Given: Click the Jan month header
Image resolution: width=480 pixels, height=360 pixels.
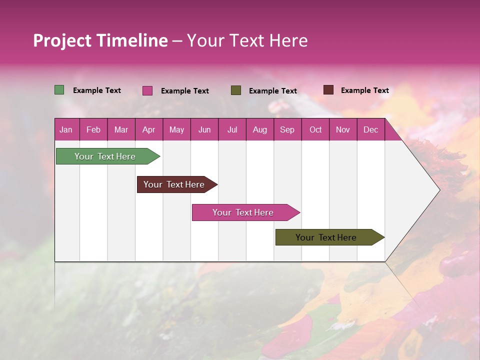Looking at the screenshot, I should coord(66,129).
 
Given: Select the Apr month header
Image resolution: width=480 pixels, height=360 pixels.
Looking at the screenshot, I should coord(149,129).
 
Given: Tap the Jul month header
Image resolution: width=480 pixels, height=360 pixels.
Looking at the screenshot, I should coord(232,129).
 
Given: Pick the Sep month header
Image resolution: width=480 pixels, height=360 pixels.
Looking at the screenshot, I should coord(287,129).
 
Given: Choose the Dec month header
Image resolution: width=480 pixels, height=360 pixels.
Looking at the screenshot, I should coord(370,129).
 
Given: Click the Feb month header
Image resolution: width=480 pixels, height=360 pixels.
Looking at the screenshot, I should coord(93,129).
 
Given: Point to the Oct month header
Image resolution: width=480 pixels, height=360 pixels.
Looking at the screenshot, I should coord(315,129).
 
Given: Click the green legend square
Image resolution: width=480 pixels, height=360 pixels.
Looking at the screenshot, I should coord(59,90).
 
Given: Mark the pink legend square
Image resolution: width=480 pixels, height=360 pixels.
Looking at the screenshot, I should coord(147,90).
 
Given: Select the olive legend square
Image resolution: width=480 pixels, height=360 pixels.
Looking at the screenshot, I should coord(236,90).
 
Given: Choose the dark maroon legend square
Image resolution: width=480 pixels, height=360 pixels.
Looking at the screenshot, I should coord(328,90).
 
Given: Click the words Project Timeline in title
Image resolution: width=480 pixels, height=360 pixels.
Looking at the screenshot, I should coord(100,40).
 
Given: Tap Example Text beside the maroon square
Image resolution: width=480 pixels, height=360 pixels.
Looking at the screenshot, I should coord(364,90).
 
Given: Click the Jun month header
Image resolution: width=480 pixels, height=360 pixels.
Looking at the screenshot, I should coord(204,129).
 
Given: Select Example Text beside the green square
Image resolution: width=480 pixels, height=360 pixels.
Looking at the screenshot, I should coord(97,90).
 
